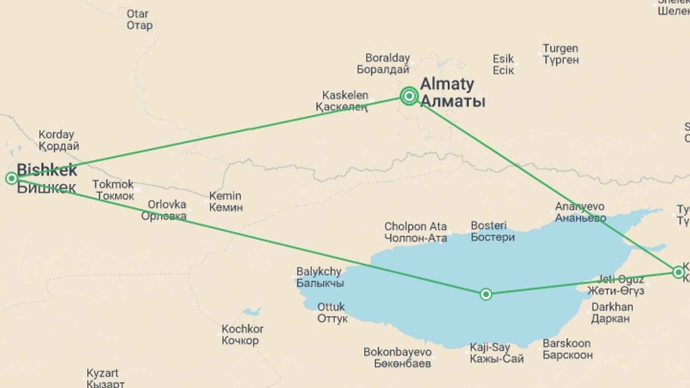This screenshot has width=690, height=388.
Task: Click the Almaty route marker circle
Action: tap(409, 96)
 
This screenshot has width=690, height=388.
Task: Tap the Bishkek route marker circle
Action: tap(11, 178)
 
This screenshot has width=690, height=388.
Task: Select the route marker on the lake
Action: tap(486, 294)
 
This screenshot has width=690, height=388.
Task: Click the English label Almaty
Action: tap(447, 84)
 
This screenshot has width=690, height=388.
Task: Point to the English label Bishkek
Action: tap(47, 170)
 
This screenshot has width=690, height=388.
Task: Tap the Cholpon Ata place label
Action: tap(415, 232)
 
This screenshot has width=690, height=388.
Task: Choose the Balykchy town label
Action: tap(319, 277)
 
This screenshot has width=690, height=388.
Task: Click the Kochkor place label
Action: tap(242, 334)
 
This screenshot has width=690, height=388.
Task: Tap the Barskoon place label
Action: tap(567, 349)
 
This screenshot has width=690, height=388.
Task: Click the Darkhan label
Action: tap(612, 313)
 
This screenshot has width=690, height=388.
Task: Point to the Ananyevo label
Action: tap(580, 212)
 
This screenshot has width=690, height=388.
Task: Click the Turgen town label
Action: tap(561, 54)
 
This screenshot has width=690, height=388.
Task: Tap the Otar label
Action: tap(139, 19)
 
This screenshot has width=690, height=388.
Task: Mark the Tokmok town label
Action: tap(113, 190)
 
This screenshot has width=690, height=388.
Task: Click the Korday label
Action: tap(58, 140)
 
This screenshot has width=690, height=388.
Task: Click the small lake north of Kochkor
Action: tap(252, 311)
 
